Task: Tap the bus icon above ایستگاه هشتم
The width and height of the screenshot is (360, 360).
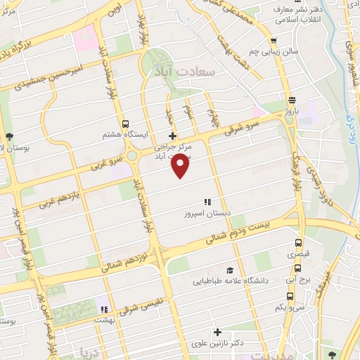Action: (x=125, y=123)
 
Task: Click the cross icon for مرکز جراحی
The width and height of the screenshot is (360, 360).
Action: (x=172, y=136)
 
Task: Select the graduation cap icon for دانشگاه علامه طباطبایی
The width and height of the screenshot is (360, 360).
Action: (x=230, y=270)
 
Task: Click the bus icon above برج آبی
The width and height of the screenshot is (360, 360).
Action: (x=299, y=267)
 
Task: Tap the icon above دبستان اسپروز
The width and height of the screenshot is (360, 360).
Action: (x=208, y=201)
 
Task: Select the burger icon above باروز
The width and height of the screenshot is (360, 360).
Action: (x=291, y=100)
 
